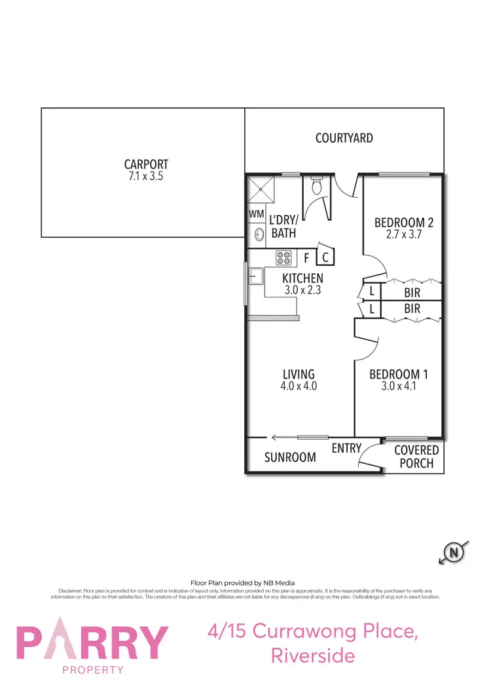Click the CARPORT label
pos(146,164)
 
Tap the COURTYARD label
pos(344,138)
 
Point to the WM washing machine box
pos(255,214)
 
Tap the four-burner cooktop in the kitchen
pos(283,257)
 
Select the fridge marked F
pos(306,257)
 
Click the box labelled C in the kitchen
pos(326,257)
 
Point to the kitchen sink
pos(255,279)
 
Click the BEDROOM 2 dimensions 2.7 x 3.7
pos(403,234)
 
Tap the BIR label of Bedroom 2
pos(412,292)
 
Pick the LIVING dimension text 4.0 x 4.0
pos(299,386)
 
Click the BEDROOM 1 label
pos(398,375)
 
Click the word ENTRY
pos(346,448)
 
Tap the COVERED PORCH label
pos(416,457)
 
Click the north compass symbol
pos(452,554)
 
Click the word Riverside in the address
pos(313,655)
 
